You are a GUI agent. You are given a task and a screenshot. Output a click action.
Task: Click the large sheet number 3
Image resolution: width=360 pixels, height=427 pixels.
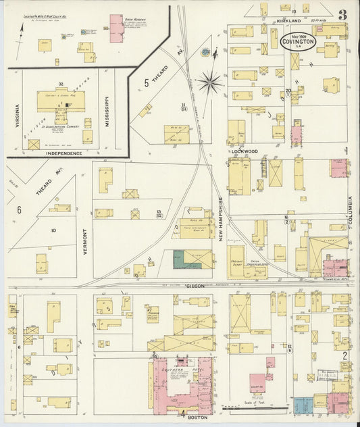click(x=343, y=15)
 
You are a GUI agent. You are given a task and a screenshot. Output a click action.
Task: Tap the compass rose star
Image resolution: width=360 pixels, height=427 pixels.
click(x=210, y=82)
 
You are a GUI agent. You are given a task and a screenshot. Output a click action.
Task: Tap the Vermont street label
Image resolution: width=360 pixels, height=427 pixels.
click(x=84, y=240)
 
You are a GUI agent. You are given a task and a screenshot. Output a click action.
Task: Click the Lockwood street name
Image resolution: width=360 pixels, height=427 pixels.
click(x=244, y=151)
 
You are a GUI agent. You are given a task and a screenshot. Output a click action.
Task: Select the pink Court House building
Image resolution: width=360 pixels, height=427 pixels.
click(x=257, y=382)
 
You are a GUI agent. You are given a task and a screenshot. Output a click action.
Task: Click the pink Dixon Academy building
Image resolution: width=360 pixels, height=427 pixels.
click(x=116, y=28)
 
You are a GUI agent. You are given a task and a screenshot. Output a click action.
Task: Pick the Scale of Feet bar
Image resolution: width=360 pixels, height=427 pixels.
click(x=255, y=408)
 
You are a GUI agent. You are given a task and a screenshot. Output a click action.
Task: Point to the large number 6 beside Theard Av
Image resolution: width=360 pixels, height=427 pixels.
click(x=19, y=209)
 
